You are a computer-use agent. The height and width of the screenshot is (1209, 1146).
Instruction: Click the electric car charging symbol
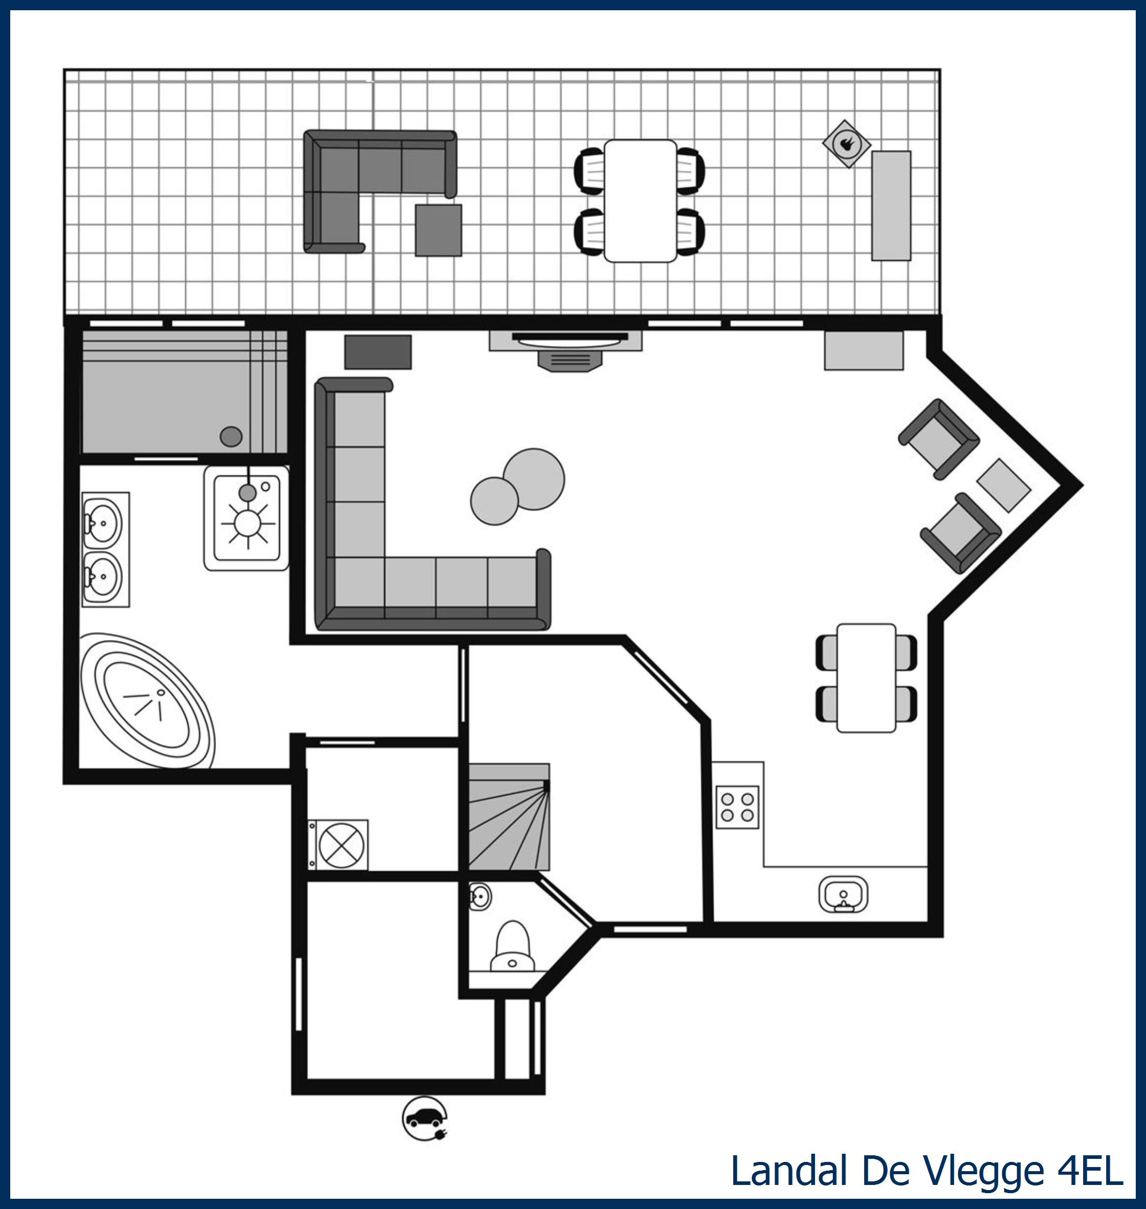425,1118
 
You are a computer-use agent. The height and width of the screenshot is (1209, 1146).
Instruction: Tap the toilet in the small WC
513,946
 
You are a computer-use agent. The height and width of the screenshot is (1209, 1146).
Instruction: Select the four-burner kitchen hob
737,807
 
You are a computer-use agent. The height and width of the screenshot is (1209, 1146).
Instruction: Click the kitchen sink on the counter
843,895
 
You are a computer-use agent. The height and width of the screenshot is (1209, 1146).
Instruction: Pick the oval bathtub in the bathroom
147,701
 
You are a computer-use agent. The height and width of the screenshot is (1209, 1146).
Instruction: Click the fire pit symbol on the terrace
846,144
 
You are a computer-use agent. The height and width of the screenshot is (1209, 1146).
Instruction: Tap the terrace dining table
640,201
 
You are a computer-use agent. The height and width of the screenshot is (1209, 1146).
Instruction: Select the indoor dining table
866,677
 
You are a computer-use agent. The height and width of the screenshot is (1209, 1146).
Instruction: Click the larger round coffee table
534,479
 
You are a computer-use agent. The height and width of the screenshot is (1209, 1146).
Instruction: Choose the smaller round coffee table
494,501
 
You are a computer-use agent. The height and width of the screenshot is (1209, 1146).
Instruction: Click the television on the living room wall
569,337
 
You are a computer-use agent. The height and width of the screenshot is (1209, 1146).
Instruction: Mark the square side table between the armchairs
1004,485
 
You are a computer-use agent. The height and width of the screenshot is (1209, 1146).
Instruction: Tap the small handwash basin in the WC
480,897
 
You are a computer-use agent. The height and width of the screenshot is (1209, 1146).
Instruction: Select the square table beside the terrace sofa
438,230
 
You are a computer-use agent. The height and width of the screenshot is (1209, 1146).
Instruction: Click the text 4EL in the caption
1090,1171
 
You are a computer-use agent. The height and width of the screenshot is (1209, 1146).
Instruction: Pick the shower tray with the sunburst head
247,519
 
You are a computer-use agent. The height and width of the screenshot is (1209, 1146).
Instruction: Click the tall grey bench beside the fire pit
891,206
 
